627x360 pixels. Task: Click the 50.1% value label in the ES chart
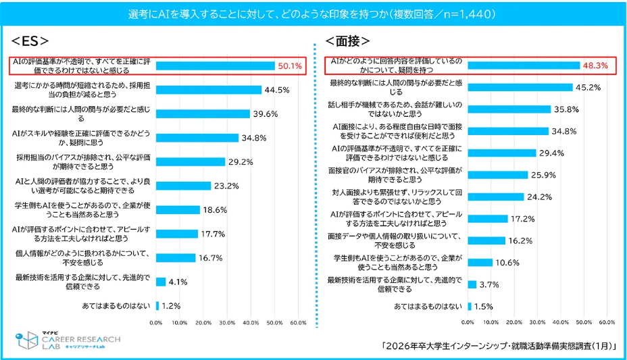(291, 66)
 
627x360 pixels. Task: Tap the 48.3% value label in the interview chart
(595, 66)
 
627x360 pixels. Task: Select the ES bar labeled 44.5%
(208, 90)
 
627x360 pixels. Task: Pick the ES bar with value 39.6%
(203, 113)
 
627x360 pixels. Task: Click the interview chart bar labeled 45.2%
(520, 87)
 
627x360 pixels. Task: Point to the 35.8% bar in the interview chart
(509, 109)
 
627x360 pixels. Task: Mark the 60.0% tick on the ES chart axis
(297, 323)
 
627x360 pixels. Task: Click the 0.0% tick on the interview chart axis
(468, 323)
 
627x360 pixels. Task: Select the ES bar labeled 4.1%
(161, 282)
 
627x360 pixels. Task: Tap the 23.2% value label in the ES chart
(226, 186)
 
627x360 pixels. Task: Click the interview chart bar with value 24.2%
(495, 197)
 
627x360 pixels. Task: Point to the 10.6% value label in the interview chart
(506, 262)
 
